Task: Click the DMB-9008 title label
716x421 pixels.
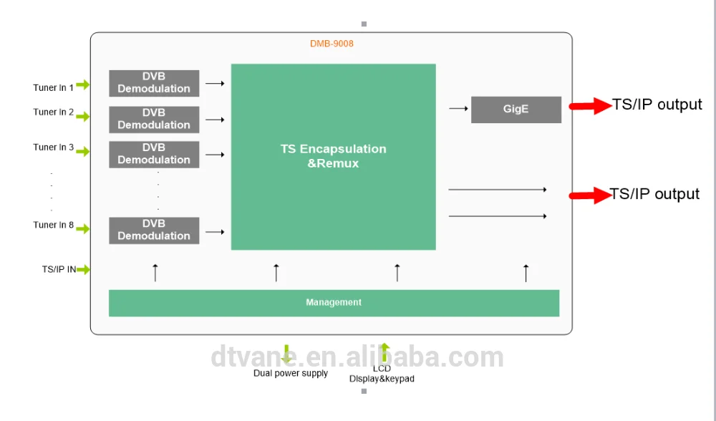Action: (x=332, y=44)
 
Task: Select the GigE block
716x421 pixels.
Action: (x=516, y=110)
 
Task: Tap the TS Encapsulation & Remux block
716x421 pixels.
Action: (x=333, y=156)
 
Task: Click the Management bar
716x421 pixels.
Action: (x=334, y=302)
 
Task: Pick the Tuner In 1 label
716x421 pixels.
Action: (x=53, y=88)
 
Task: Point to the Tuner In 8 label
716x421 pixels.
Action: (x=53, y=225)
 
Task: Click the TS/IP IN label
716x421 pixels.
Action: (x=59, y=270)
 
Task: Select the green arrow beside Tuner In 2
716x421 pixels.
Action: (x=83, y=116)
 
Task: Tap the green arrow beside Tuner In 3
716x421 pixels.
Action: (x=83, y=151)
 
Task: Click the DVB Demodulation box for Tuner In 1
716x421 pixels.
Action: (x=154, y=83)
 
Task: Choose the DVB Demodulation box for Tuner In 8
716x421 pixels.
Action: (x=154, y=230)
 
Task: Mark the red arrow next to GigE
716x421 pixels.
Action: (x=590, y=106)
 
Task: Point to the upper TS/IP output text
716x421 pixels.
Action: (x=657, y=105)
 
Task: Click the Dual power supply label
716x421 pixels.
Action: (x=291, y=373)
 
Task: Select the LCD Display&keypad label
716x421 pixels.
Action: (x=382, y=374)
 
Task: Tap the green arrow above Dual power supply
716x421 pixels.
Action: (x=287, y=354)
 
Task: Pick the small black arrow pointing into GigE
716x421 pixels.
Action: (x=458, y=109)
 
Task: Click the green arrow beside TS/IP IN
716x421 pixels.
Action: (x=84, y=270)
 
